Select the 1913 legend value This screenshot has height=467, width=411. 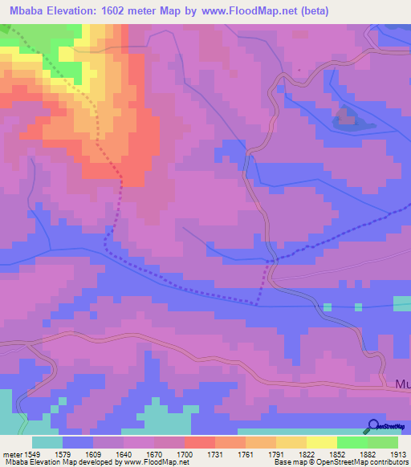pos(399,454)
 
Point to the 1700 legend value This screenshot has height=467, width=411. pos(185,454)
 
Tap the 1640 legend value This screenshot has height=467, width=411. pos(124,454)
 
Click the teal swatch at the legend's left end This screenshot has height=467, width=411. pos(47,442)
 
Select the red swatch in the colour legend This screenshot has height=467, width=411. pos(199,442)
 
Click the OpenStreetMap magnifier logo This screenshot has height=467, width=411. pos(374,426)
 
